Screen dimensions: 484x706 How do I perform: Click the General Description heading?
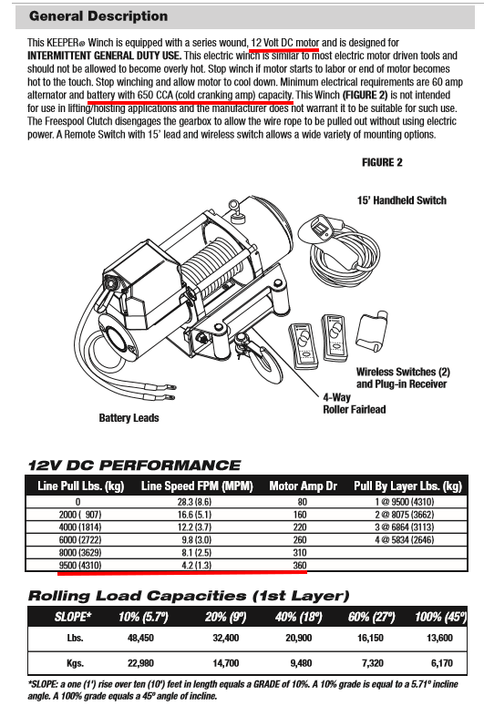(x=98, y=16)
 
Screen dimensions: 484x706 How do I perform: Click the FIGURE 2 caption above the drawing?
(x=382, y=162)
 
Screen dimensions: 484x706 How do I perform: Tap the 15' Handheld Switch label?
(x=402, y=200)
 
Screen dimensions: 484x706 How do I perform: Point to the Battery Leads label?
(x=129, y=418)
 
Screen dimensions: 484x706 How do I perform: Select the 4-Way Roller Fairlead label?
(x=355, y=404)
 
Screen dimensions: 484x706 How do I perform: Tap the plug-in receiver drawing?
(x=371, y=332)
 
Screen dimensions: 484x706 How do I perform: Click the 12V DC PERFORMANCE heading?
(x=134, y=466)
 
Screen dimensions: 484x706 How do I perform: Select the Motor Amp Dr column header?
(x=304, y=486)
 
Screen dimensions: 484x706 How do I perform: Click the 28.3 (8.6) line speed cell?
(x=194, y=502)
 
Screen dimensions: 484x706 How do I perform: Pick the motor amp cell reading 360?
(x=300, y=565)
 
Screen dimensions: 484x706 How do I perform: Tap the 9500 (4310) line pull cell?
(x=80, y=565)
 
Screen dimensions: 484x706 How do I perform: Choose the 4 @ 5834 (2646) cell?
(x=404, y=539)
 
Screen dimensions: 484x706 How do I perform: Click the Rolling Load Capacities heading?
(x=189, y=596)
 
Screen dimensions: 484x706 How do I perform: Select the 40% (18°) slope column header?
(x=298, y=617)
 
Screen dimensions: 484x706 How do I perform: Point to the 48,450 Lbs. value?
(x=140, y=638)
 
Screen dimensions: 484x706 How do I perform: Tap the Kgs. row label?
(x=75, y=663)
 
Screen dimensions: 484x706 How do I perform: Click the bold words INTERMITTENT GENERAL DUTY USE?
(x=105, y=56)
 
